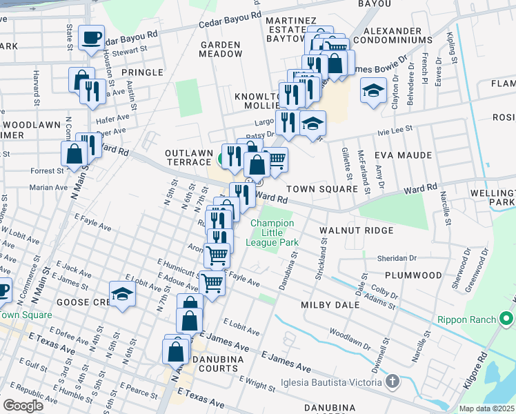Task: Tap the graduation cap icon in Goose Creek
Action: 122,293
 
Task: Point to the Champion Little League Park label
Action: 274,233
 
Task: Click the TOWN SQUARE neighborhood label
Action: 321,188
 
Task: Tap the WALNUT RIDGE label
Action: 356,230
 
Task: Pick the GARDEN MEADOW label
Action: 221,48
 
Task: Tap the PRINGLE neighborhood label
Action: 142,72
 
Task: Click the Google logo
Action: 23,406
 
